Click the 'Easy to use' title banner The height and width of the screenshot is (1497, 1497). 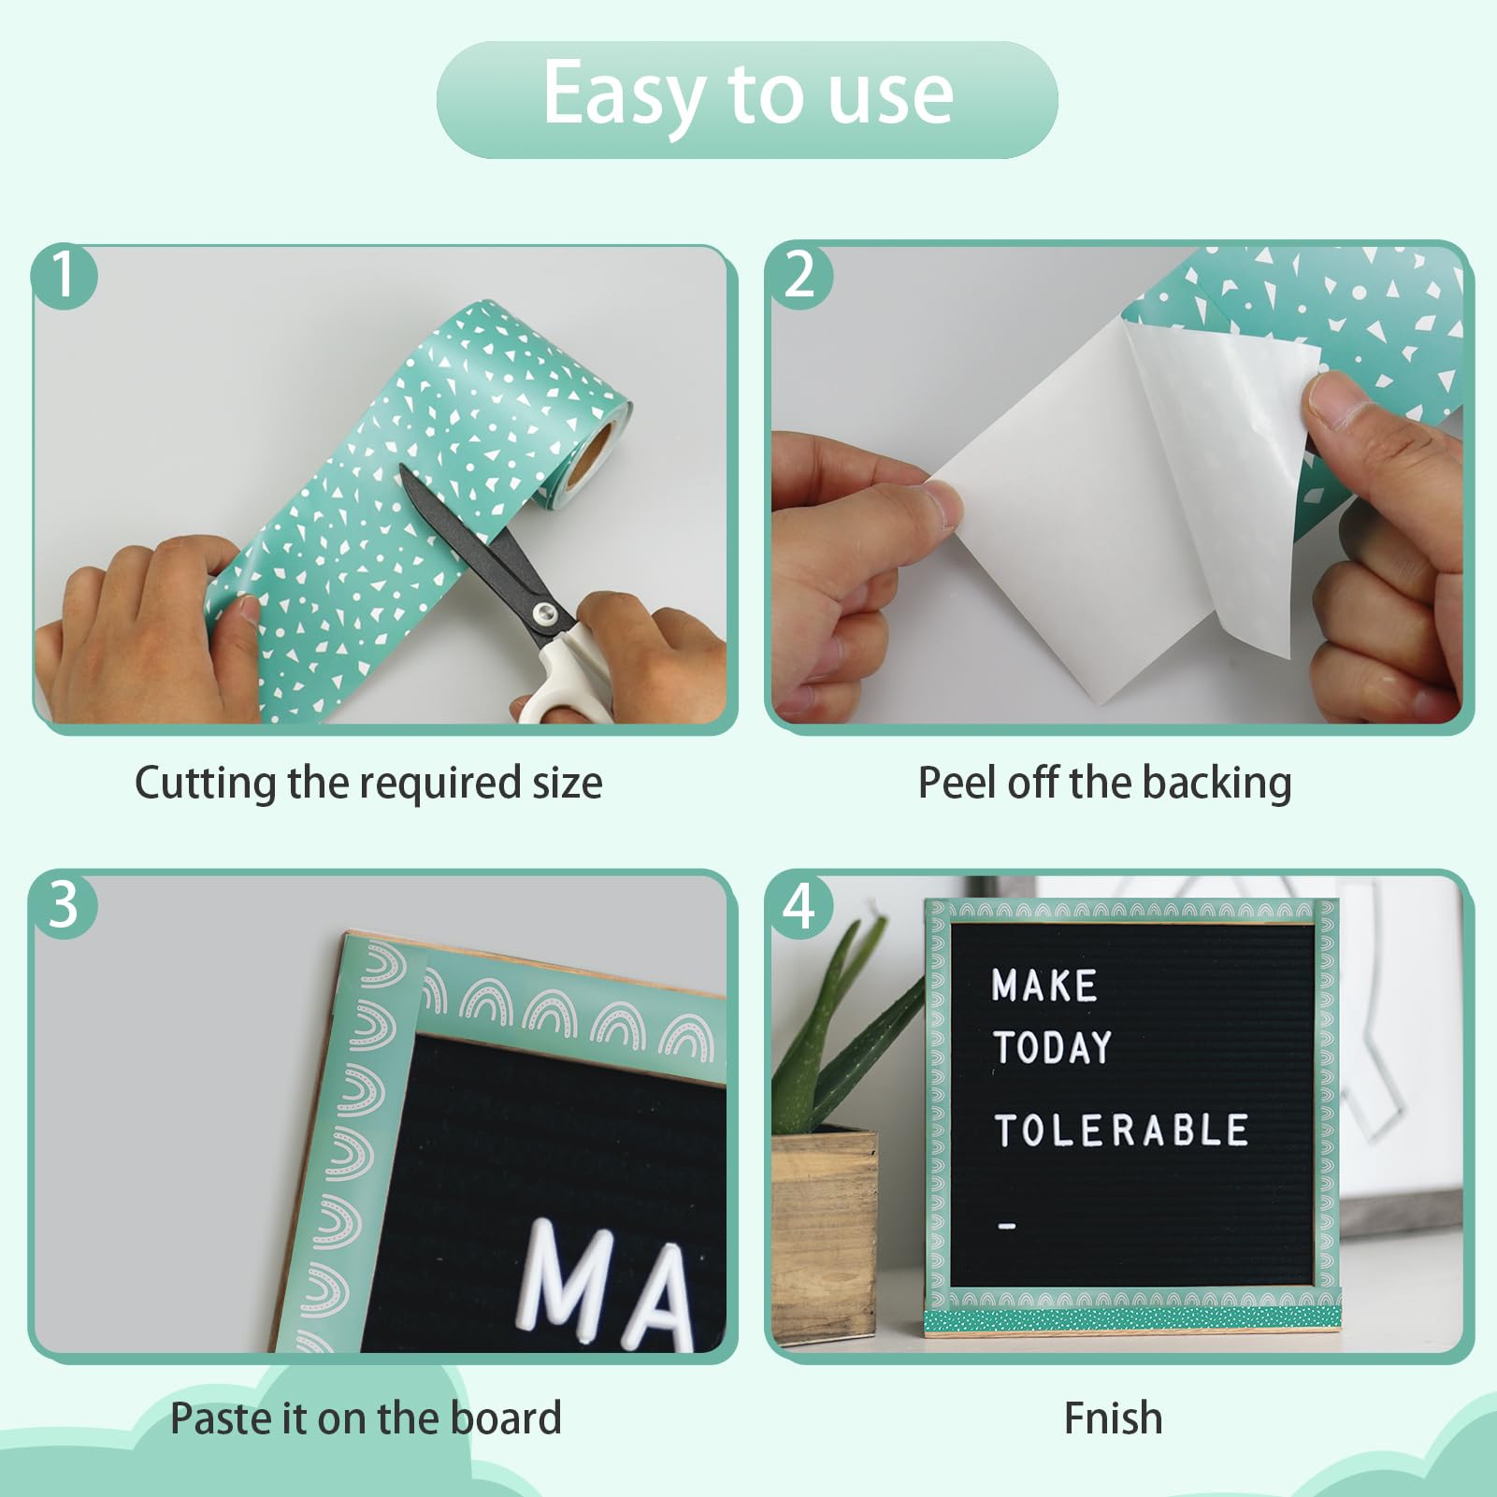tap(747, 98)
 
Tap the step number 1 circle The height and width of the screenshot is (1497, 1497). tap(63, 275)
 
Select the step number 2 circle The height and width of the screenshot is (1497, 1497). tap(800, 275)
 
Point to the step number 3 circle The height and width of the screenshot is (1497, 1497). tap(63, 904)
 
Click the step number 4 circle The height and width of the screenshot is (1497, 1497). tap(800, 906)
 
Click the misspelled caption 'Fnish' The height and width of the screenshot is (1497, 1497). tap(1113, 1418)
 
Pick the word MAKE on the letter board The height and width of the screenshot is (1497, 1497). tap(1044, 986)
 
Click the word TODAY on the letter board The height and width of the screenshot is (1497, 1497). tap(1052, 1047)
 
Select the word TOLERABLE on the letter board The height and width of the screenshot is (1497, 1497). tap(1120, 1130)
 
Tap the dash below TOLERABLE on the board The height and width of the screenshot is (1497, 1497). tap(1006, 1226)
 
